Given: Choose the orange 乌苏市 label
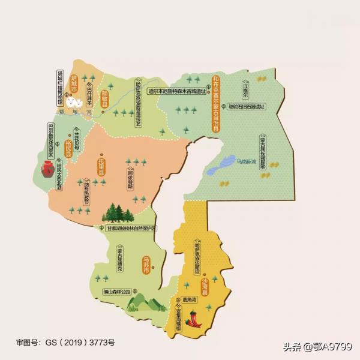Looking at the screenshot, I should pyautogui.click(x=146, y=265).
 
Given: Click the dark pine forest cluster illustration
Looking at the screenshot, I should pyautogui.click(x=120, y=213).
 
